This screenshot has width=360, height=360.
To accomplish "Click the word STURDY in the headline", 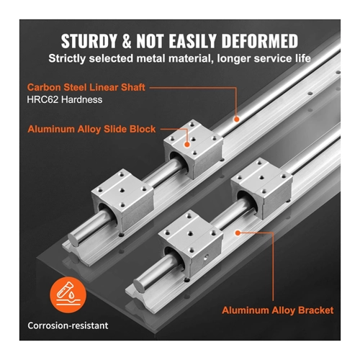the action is point(89,41).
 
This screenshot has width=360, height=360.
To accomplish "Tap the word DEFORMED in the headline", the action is point(260,41).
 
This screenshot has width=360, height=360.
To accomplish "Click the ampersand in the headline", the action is point(127,41).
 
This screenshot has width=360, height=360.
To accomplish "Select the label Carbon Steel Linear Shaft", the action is point(86,87).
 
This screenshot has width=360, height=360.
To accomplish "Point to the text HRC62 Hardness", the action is point(65,99).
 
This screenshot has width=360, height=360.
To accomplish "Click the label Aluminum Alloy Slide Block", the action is point(91,129).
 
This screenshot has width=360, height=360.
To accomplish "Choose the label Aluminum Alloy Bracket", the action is point(278,310).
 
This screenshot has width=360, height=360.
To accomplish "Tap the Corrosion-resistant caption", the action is point(68,325).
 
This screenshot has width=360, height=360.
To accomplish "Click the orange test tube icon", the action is point(68,295).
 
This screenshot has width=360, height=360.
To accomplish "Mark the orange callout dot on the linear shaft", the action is point(237,119).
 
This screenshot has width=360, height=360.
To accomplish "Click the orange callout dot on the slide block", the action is point(187,145).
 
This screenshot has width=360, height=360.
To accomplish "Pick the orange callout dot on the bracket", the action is point(238,233).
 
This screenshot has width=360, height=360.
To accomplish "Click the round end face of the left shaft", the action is point(73,239).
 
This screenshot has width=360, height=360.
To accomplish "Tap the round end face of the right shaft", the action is point(139,285).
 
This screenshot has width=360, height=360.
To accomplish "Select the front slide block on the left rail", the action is point(122,200).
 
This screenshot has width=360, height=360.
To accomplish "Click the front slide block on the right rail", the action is point(191,243).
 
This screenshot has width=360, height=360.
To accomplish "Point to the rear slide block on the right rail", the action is point(262,188).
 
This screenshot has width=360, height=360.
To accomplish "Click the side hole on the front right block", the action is point(206,258).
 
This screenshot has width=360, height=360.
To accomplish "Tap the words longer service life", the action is point(264,58).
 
